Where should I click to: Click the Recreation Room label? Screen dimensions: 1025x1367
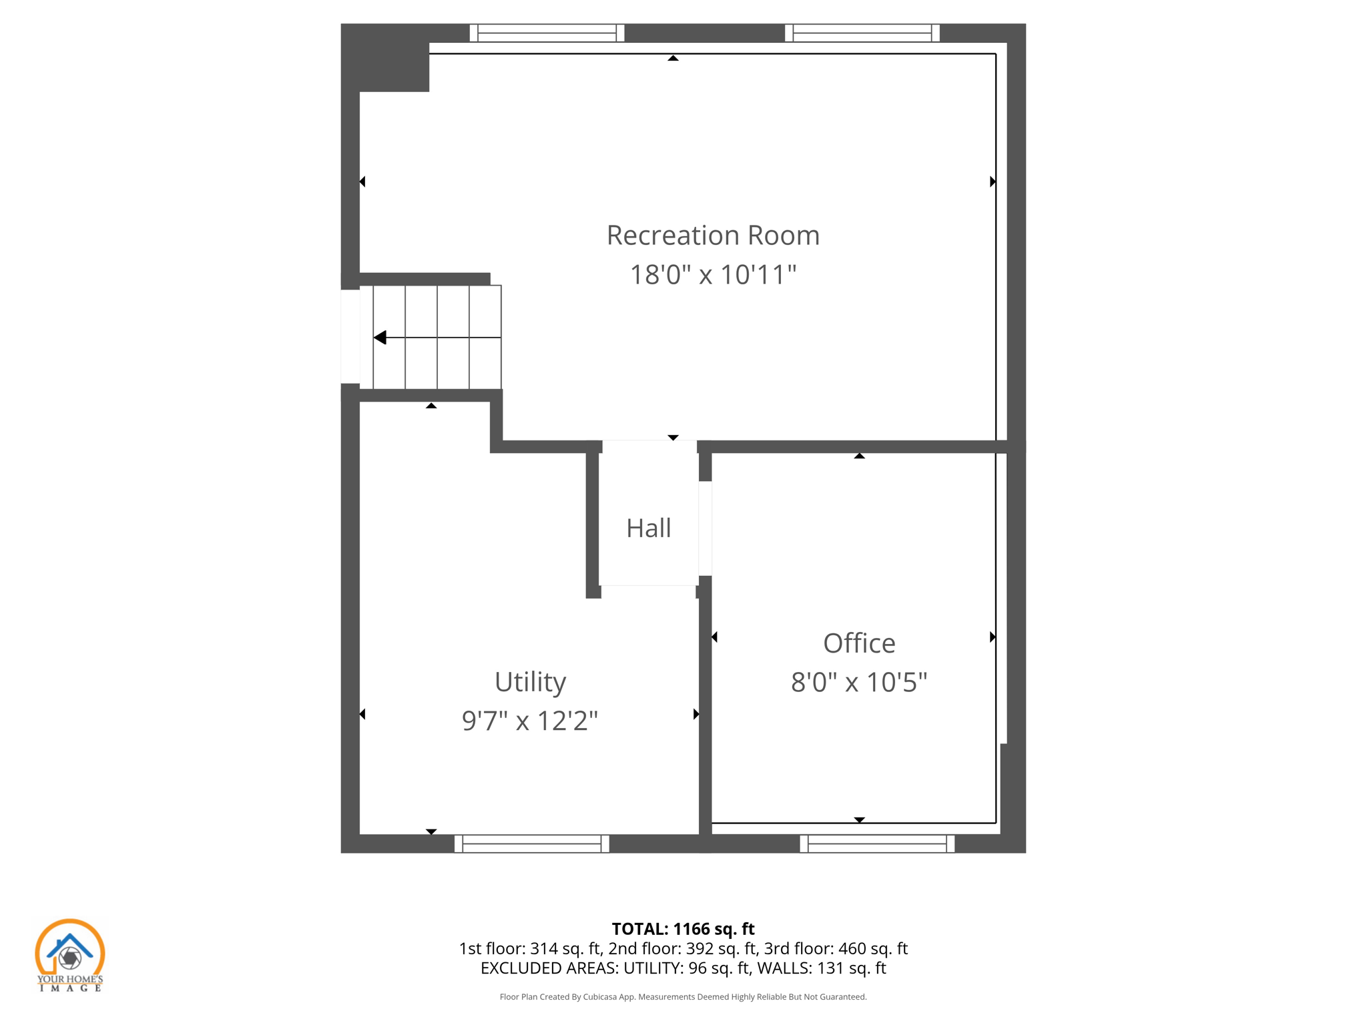pos(713,236)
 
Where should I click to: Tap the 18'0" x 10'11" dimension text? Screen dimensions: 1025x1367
pos(713,275)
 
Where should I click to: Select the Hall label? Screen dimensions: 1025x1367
pos(648,529)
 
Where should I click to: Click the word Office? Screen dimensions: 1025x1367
pos(859,643)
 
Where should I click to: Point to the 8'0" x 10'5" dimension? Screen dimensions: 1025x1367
pos(859,683)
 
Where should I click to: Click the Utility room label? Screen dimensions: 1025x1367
pos(530,682)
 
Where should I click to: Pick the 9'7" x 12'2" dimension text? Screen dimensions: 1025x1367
pos(530,721)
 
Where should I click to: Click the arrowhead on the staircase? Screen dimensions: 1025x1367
pos(380,338)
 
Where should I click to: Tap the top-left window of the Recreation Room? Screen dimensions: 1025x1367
pos(547,33)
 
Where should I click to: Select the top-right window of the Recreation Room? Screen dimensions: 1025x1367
pos(862,33)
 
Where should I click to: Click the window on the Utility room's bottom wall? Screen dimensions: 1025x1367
pos(531,843)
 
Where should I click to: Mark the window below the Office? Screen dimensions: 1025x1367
pos(877,843)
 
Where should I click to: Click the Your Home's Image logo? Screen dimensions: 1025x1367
pos(70,955)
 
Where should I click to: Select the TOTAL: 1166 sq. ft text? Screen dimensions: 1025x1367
pos(683,929)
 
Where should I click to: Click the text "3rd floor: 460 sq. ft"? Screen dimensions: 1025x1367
pos(836,948)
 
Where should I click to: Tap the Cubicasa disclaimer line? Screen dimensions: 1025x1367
pos(683,997)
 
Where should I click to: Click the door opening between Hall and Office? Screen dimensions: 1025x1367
pos(705,529)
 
